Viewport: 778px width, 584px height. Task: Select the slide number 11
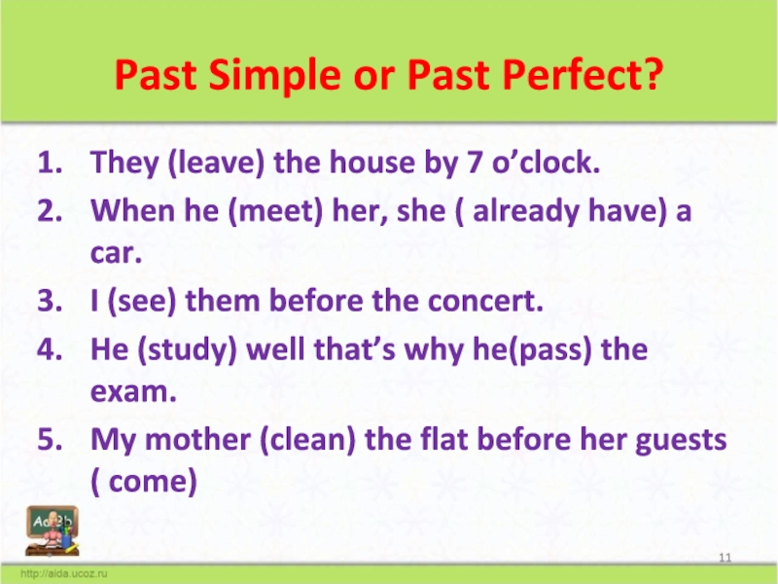(x=725, y=556)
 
